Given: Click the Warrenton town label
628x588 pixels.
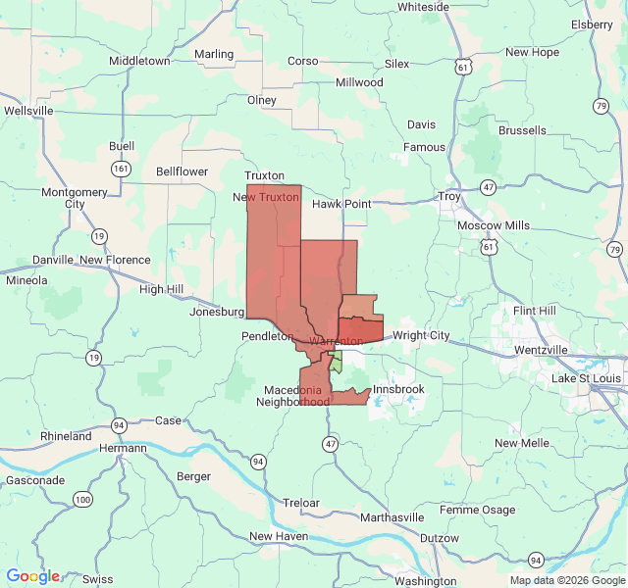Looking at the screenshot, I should point(336,341).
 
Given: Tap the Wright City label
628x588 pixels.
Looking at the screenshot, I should point(421,335).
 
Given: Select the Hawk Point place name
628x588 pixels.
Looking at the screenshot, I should point(341,204).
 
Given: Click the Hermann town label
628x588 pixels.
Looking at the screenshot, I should point(123,448).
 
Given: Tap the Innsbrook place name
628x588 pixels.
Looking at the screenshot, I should point(398,389).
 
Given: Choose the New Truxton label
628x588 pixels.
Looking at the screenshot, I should point(265,197).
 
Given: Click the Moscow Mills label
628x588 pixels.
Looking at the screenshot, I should point(493,225).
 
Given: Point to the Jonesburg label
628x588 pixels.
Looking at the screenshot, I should point(217,312).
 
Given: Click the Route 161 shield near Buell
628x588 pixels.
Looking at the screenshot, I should point(121,169).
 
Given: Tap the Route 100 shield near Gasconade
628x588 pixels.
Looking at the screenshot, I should point(82,500).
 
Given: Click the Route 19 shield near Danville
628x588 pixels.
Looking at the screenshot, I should point(99,235).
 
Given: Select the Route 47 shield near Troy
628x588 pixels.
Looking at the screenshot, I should point(488,186).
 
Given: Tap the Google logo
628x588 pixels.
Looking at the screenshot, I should point(32,576).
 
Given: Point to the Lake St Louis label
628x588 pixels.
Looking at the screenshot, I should point(586,378).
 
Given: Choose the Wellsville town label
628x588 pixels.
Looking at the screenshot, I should point(28,111).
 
